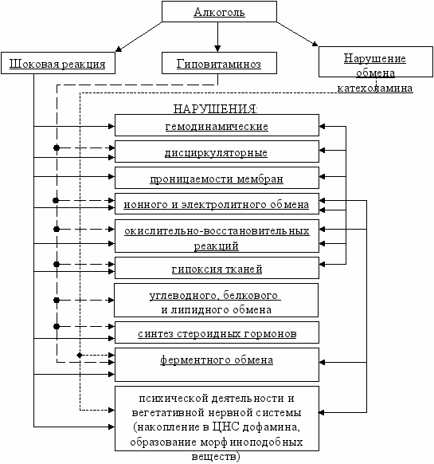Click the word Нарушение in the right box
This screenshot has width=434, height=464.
click(x=374, y=58)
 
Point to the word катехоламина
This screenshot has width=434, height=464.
click(x=375, y=88)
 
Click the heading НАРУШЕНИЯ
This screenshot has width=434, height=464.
click(x=215, y=109)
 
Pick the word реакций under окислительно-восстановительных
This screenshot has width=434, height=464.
click(x=216, y=246)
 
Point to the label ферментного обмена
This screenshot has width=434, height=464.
click(x=217, y=360)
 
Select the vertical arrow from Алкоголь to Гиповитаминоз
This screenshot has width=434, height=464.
click(x=217, y=37)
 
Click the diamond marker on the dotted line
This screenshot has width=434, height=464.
click(x=80, y=355)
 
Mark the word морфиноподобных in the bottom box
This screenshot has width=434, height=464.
click(x=252, y=442)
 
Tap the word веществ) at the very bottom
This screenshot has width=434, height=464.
click(x=216, y=456)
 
